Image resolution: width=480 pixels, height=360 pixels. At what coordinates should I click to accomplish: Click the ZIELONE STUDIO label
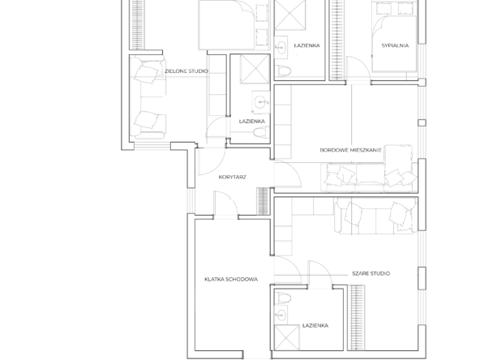(x=186, y=71)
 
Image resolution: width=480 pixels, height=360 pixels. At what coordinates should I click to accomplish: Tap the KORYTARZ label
(x=233, y=177)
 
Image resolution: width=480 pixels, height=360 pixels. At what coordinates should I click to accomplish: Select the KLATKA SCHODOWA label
(x=231, y=279)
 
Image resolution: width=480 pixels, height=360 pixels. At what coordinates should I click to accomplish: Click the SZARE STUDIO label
(x=371, y=273)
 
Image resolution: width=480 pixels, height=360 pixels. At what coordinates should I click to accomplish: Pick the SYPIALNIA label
(x=395, y=45)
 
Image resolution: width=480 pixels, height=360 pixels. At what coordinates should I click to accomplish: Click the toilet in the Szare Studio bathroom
(x=282, y=298)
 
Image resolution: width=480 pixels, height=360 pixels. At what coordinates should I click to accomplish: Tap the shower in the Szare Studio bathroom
(x=286, y=337)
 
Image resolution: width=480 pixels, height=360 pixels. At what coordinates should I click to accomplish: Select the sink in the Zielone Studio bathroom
(x=261, y=102)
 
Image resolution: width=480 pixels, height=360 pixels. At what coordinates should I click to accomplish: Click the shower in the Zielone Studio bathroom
(x=255, y=69)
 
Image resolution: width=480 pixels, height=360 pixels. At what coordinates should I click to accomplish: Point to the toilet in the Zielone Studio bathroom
(x=261, y=132)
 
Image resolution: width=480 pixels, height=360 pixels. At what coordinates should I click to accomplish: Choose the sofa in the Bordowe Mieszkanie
(x=370, y=176)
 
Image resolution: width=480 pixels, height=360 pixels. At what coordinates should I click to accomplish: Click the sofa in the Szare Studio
(x=376, y=216)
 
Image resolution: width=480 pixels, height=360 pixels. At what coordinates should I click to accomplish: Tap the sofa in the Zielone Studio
(x=148, y=97)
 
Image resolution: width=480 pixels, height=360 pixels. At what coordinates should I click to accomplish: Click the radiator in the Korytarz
(x=263, y=201)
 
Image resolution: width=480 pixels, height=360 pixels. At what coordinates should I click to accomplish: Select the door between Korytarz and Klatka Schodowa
(x=226, y=204)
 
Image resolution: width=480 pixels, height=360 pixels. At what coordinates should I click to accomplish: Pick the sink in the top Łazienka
(x=281, y=48)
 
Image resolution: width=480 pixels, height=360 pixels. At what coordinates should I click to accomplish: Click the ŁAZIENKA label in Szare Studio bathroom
(x=315, y=325)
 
